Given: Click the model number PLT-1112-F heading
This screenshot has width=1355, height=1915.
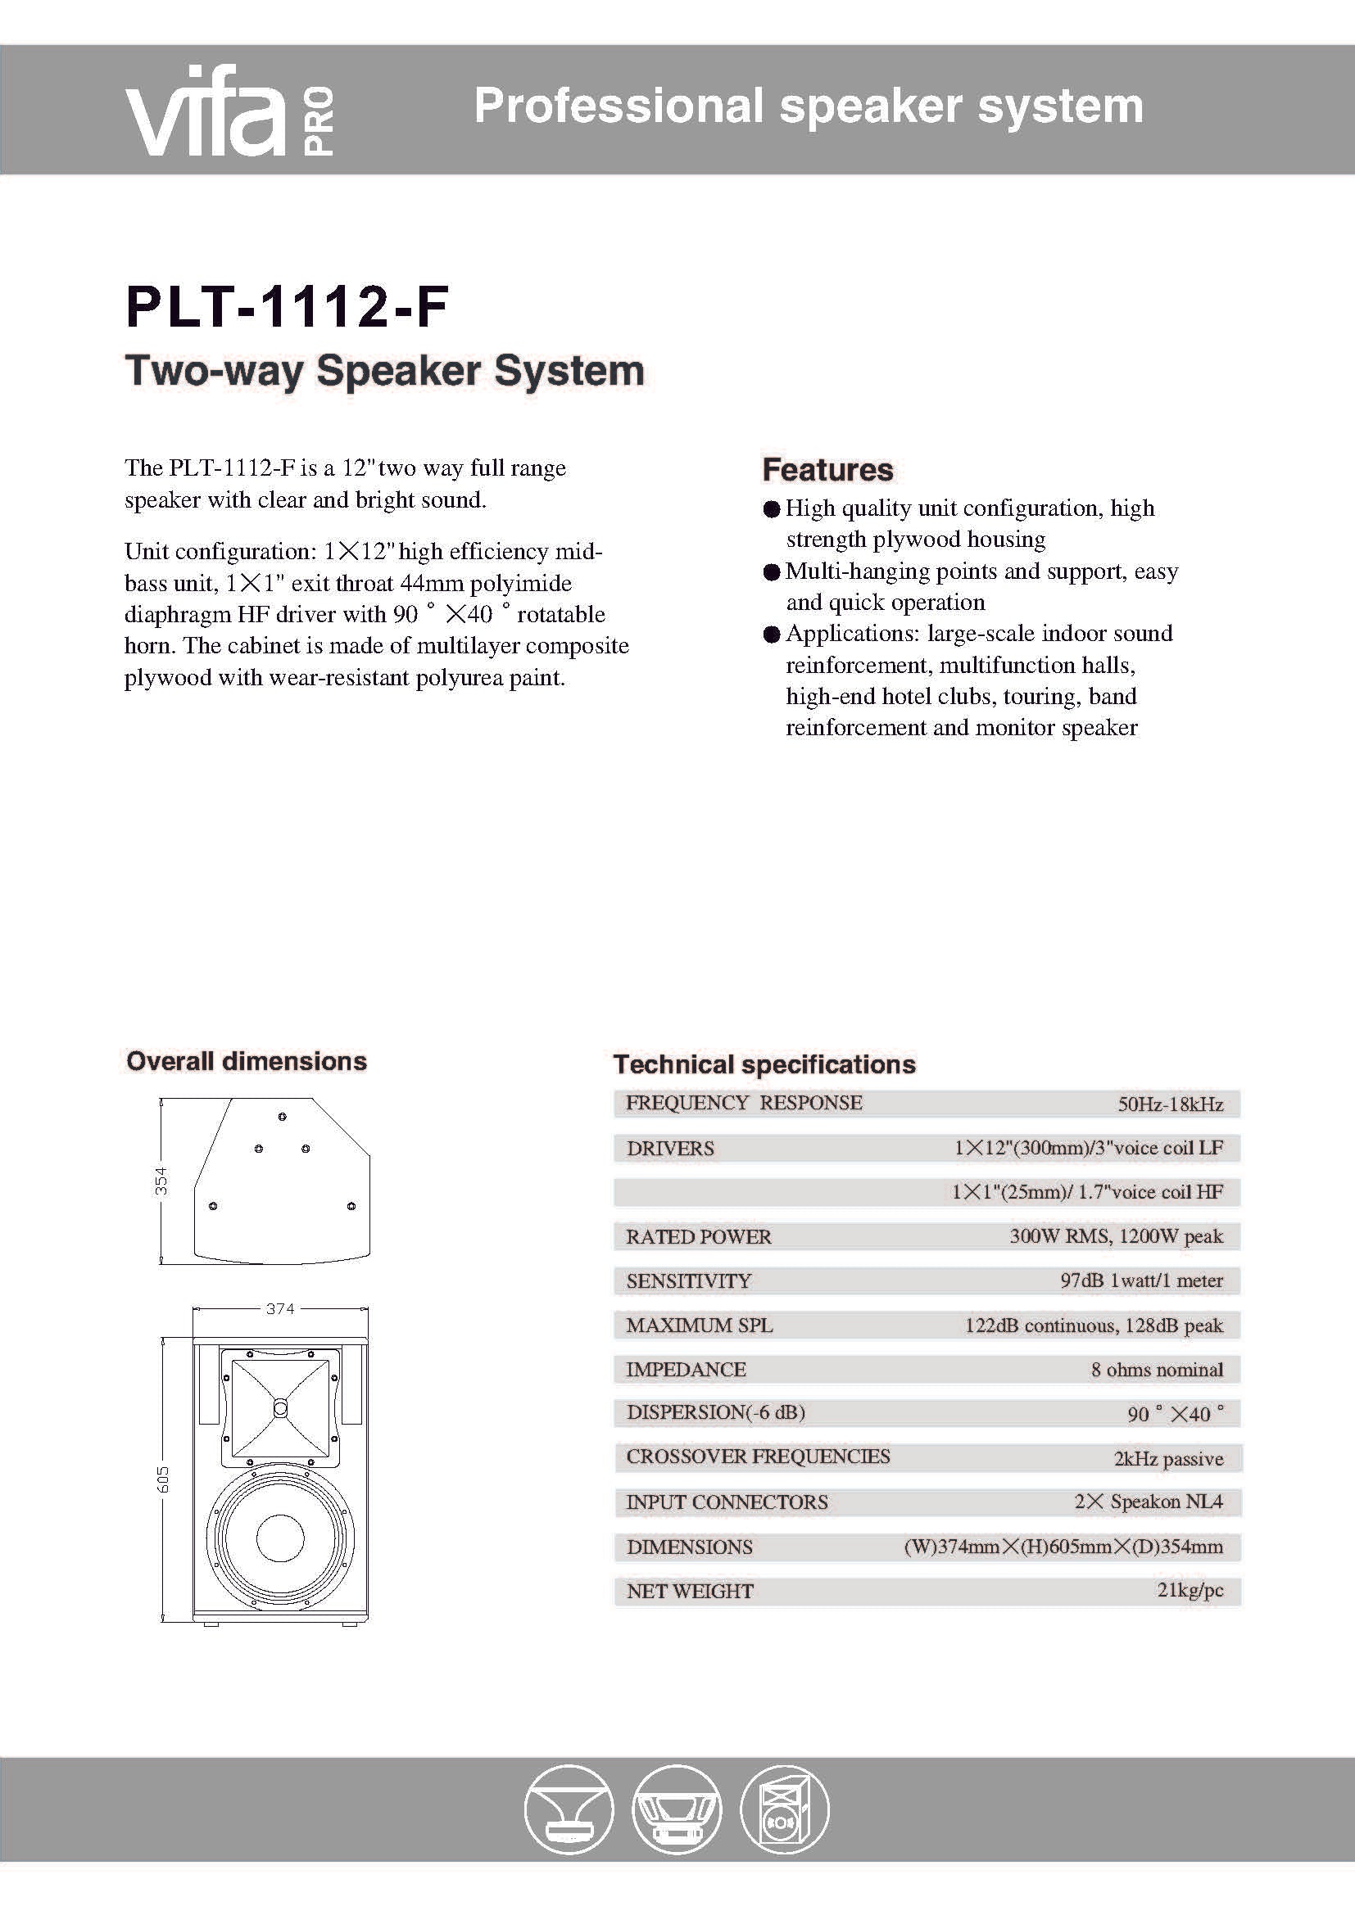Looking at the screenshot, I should [287, 308].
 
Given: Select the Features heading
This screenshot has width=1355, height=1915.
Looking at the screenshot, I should [827, 470].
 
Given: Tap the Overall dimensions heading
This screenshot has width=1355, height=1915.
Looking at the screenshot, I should [246, 1061].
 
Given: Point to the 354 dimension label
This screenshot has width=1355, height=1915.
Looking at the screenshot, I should [161, 1181].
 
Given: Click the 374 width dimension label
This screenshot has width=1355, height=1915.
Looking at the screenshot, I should [280, 1308].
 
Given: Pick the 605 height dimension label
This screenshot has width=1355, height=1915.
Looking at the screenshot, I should [163, 1479].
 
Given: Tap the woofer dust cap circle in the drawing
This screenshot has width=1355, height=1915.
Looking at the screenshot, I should [280, 1536].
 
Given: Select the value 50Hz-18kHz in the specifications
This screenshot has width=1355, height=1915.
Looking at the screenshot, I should [1170, 1104].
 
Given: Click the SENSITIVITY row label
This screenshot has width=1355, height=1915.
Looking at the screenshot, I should [688, 1281].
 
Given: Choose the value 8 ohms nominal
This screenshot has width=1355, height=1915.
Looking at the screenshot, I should [1157, 1370].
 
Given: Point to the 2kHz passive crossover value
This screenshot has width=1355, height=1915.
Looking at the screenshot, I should [1168, 1459].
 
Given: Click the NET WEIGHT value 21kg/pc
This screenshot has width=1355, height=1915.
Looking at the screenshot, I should [1190, 1590].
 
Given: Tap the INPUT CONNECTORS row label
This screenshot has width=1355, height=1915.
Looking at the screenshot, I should [727, 1502].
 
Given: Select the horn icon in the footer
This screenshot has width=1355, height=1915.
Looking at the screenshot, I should [569, 1810].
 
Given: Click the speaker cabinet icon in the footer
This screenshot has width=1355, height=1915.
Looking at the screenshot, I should [784, 1810].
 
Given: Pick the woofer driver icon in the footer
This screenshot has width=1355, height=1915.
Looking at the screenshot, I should [676, 1810].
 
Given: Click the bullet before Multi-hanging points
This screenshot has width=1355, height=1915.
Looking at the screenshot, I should [772, 572].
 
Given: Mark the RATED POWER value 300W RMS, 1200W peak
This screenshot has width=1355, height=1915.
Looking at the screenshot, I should [1116, 1236].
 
